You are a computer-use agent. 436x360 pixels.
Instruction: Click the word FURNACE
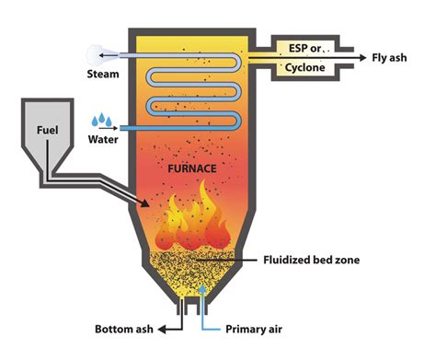192,171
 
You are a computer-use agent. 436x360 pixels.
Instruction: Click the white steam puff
94,54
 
